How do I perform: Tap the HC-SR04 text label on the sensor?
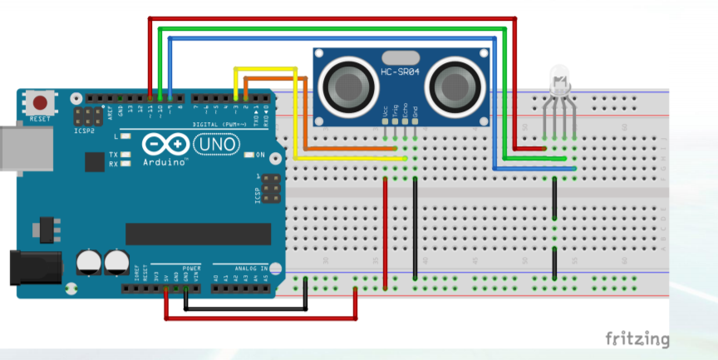click(400, 72)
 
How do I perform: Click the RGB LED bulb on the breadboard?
click(560, 82)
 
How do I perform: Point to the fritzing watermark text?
click(637, 338)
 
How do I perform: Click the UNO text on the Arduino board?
click(216, 145)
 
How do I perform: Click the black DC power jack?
click(33, 268)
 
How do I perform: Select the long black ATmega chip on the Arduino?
click(198, 234)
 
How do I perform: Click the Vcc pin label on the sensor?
click(385, 111)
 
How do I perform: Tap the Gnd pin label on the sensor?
click(415, 111)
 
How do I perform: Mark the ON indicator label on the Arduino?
click(260, 155)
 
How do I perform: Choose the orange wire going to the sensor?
click(306, 116)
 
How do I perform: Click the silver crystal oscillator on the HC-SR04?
click(400, 57)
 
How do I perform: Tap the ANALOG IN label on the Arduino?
click(250, 269)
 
